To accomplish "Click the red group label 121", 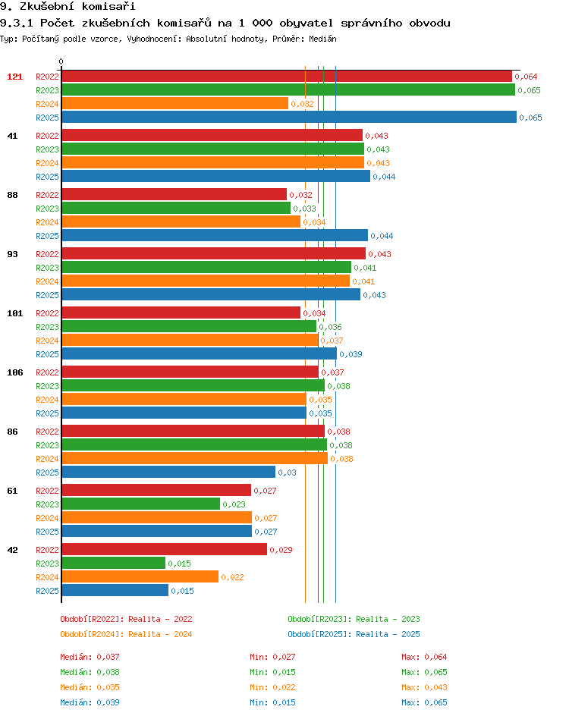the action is [x=14, y=77].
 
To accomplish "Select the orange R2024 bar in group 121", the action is [x=175, y=104].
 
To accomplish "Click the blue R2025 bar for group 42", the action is [x=115, y=590].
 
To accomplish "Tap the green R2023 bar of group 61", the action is [x=141, y=504].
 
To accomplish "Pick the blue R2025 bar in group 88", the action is [x=215, y=236].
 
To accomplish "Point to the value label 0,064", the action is [x=526, y=77].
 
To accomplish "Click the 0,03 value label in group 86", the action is [x=288, y=473].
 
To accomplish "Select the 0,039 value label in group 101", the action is [x=351, y=354].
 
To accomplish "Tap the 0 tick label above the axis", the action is [x=61, y=61].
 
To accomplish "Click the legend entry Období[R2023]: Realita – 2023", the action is [x=354, y=619].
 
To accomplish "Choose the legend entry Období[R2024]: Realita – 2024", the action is [x=126, y=634].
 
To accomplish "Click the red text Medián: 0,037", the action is [x=90, y=657].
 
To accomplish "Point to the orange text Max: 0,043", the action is [x=424, y=687].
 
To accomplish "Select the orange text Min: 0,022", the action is [x=272, y=687].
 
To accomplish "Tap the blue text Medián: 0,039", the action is [x=90, y=702].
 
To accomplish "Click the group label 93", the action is [x=12, y=254].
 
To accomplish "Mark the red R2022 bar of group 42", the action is [x=165, y=549].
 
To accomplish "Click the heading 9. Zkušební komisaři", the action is [x=68, y=6].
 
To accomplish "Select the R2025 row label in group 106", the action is [x=48, y=413].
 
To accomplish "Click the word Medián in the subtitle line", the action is [x=323, y=39].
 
